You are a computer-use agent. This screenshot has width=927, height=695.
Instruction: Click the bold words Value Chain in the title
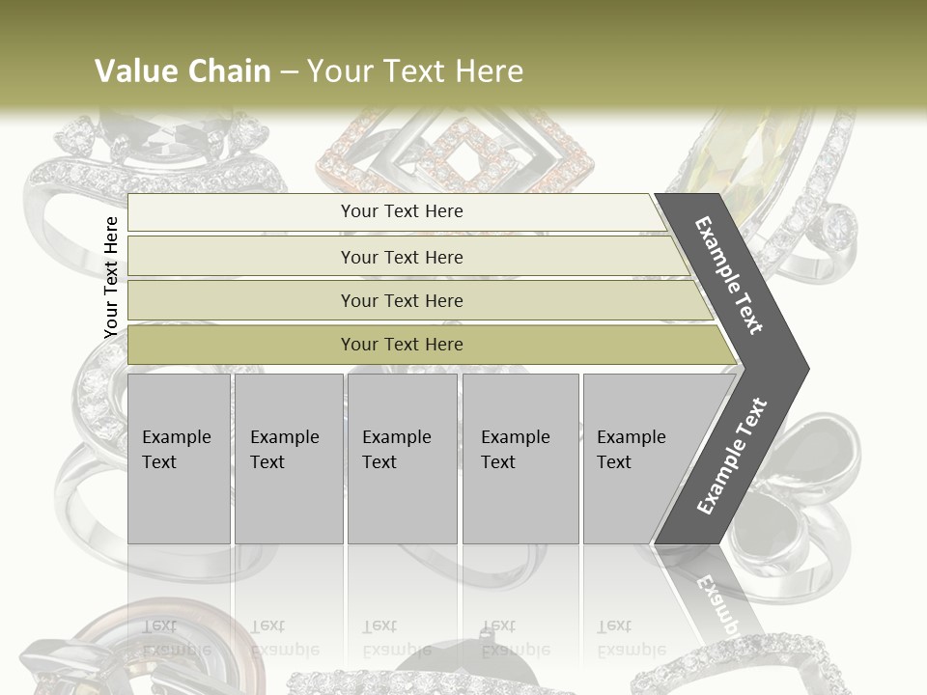(183, 71)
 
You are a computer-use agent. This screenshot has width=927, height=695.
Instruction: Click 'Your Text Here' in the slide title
(415, 71)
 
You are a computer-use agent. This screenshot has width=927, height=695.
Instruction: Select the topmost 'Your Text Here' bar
(402, 211)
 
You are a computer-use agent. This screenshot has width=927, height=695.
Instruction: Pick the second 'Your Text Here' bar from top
(402, 257)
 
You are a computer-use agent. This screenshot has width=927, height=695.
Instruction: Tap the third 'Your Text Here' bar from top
(402, 300)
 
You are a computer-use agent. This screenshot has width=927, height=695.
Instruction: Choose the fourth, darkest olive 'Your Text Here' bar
(402, 345)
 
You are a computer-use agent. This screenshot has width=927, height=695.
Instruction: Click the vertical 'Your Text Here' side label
(111, 277)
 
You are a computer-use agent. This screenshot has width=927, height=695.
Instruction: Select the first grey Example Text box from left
(179, 458)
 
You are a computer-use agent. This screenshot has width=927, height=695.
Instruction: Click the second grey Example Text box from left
(288, 458)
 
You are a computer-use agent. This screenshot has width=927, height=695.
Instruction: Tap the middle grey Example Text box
(402, 458)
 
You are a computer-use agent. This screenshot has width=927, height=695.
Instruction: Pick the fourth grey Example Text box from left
(520, 458)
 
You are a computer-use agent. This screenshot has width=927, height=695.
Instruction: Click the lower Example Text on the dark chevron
(732, 456)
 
